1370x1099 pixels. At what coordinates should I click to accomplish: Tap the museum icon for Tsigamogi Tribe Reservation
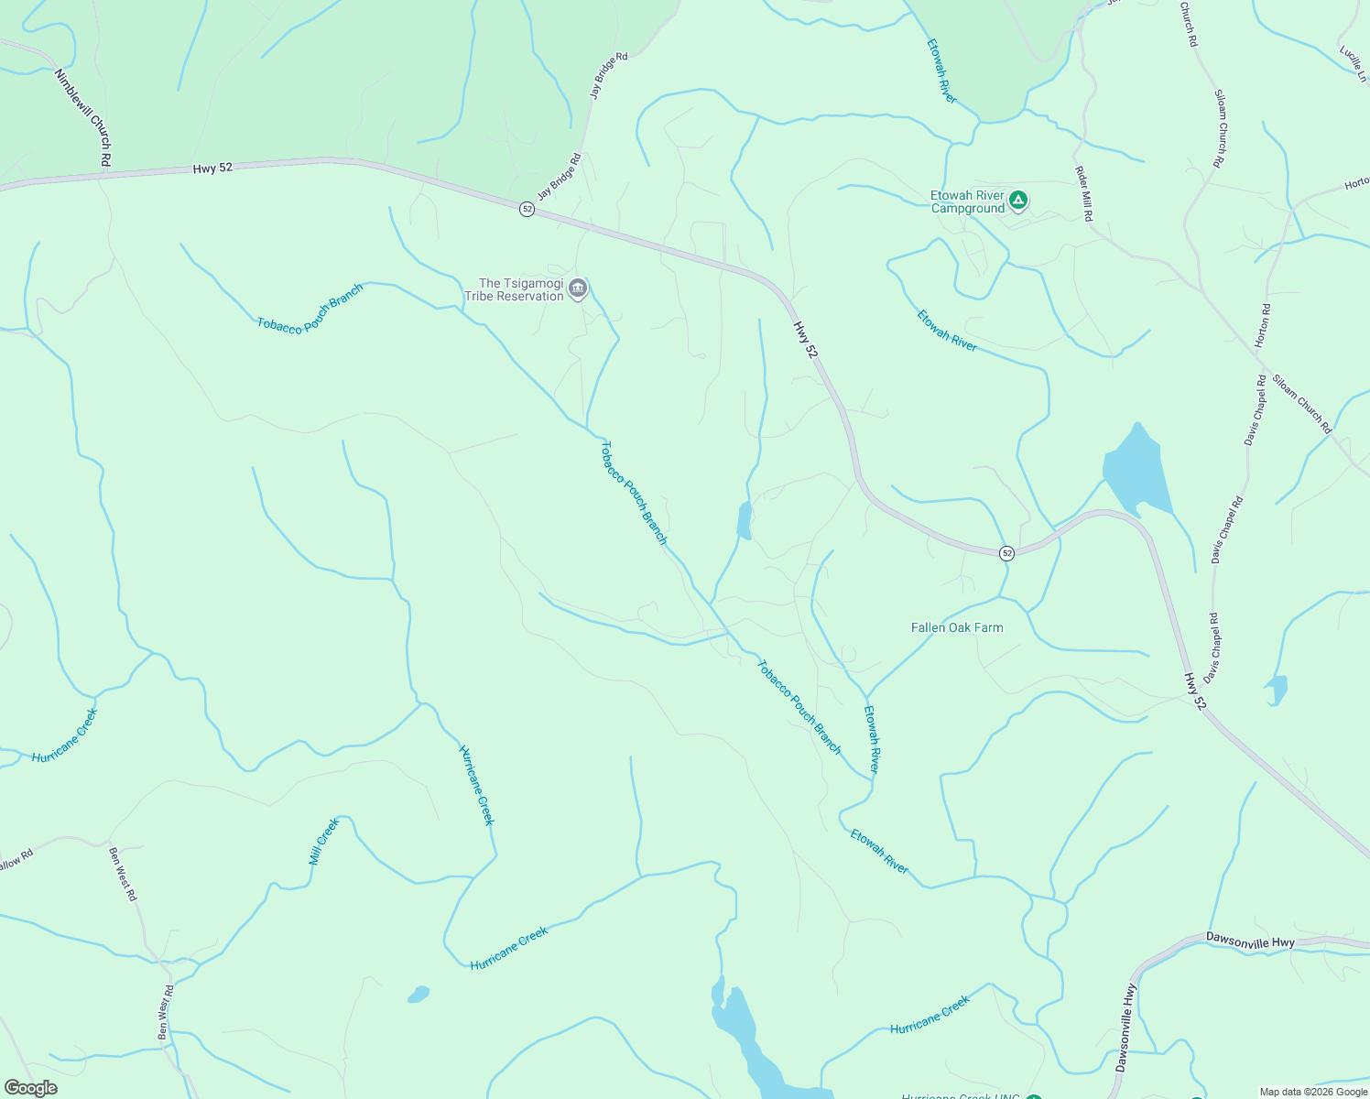[578, 289]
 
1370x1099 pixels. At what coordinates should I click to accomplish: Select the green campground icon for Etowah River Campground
[1017, 200]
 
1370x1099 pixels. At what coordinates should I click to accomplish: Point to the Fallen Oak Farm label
[957, 627]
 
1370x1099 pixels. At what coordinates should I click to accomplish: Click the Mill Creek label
[324, 842]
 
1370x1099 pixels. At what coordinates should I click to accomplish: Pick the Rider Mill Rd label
[1083, 193]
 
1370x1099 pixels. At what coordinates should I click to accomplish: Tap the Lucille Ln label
[1352, 63]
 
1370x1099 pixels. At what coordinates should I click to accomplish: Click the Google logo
[31, 1088]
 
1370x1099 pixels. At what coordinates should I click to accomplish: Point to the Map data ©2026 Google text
[1313, 1092]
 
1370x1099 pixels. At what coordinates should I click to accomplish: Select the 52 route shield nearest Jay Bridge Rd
[527, 209]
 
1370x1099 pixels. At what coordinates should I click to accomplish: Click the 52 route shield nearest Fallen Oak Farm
[1006, 553]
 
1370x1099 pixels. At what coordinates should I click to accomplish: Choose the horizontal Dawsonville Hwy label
[1250, 940]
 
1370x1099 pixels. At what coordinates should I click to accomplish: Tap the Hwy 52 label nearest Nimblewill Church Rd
[212, 169]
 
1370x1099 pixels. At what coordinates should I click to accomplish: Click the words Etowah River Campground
[967, 201]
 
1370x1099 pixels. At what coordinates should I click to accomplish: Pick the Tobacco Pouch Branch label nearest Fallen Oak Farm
[799, 707]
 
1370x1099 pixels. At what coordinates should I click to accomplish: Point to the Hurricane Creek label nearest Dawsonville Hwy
[930, 1016]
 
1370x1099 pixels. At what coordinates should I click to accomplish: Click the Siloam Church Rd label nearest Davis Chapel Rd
[1301, 403]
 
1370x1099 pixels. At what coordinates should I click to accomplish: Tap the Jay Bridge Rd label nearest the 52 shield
[559, 177]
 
